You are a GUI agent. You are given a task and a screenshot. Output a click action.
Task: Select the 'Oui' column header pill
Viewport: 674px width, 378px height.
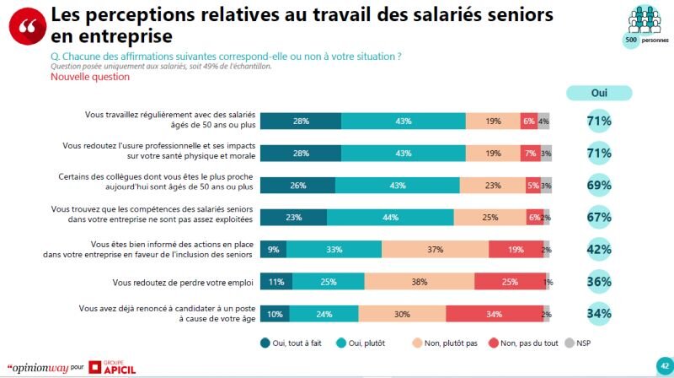coord(599,94)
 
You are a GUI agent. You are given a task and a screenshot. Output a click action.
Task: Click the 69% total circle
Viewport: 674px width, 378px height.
coord(599,185)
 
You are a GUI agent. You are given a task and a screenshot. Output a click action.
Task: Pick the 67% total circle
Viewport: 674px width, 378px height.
coord(599,217)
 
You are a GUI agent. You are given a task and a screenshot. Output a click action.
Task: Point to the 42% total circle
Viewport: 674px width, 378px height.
coord(599,249)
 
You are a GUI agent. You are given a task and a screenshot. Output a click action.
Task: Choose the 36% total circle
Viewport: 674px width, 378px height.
coord(599,281)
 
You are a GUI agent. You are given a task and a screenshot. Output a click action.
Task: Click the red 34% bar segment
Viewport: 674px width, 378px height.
coord(493,313)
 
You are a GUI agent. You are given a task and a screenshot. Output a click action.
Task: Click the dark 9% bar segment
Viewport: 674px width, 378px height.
coord(274,249)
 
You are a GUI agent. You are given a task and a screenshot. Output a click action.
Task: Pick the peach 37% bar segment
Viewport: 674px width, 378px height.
coord(436,249)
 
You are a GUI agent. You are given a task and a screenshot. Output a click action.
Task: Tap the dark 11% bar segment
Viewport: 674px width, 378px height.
coord(276,281)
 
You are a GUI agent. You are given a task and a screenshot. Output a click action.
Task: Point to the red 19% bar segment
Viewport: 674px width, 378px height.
coord(516,249)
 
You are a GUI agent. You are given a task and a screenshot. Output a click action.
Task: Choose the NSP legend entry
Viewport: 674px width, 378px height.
coord(577,343)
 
